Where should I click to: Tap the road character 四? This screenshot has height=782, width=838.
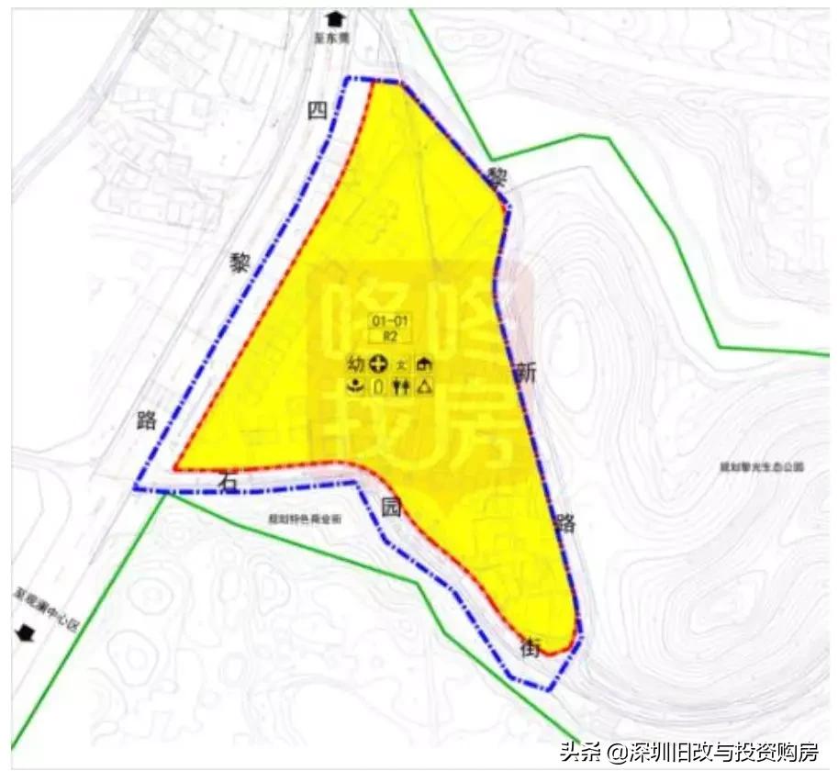(318, 112)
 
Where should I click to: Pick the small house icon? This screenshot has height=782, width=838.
(425, 364)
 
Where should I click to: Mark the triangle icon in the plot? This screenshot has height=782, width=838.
(425, 386)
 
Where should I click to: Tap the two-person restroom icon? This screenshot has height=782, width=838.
(400, 386)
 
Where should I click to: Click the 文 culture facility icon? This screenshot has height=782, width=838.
(401, 365)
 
